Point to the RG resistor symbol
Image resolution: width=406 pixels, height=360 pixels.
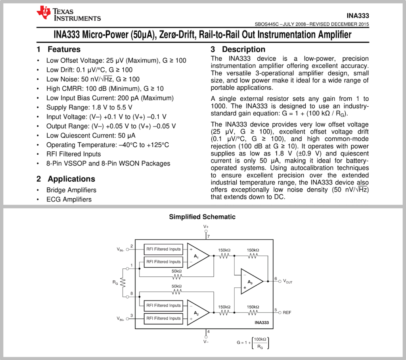pos(123,282)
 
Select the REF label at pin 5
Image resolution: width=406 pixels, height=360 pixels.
pos(287,312)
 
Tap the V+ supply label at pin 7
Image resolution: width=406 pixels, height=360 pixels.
pos(206,227)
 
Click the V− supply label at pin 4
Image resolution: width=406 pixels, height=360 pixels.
pos(206,341)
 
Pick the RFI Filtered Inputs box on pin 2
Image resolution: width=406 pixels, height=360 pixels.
pos(163,249)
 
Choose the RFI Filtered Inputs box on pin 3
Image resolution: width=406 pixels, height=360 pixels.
pos(163,318)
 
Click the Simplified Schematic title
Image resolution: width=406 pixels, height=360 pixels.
pos(202,217)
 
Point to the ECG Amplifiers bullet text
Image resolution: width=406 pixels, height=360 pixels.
pos(69,199)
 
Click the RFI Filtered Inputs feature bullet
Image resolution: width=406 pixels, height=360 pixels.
pos(73,154)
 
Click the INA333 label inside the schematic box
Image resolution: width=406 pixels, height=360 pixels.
pos(261,323)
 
